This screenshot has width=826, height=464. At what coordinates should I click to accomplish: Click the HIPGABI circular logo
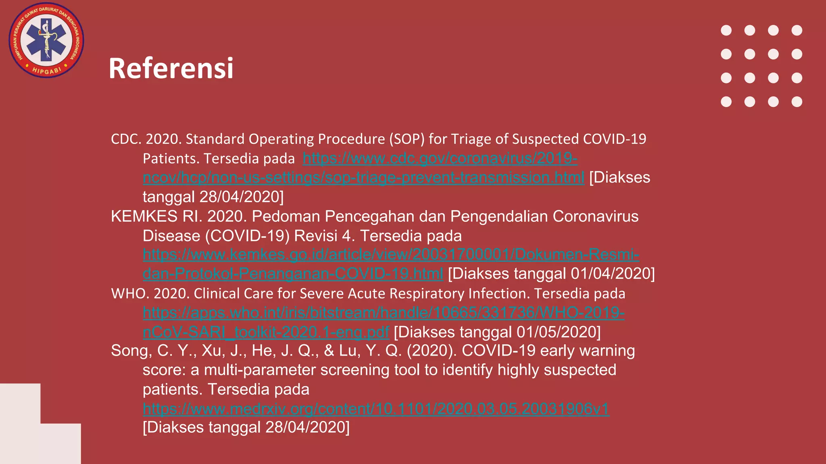click(46, 40)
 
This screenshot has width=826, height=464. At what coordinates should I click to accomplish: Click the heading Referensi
click(171, 68)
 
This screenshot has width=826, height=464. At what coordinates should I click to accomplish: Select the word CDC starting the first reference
click(125, 139)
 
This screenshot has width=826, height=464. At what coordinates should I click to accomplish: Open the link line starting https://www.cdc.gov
click(440, 158)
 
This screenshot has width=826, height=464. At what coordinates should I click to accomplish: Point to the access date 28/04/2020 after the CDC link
click(242, 197)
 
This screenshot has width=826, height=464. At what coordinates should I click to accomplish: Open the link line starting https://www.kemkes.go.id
click(391, 255)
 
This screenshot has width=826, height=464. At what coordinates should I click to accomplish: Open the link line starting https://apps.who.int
click(384, 313)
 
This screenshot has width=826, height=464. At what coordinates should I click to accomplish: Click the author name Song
click(131, 351)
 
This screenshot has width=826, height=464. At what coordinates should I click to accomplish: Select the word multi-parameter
click(260, 370)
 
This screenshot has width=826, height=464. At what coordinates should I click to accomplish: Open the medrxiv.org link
click(376, 409)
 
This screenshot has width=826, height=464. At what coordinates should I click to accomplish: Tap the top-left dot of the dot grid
click(726, 31)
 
